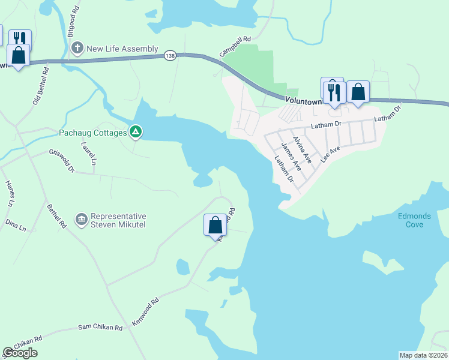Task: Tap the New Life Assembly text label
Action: [122, 49]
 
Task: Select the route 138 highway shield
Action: [170, 55]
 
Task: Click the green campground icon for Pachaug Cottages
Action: [136, 131]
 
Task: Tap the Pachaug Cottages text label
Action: [92, 132]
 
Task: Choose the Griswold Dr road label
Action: [62, 160]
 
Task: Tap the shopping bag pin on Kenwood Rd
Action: [215, 226]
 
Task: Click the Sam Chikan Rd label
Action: [100, 328]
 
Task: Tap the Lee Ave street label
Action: [331, 152]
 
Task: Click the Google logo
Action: [20, 353]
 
